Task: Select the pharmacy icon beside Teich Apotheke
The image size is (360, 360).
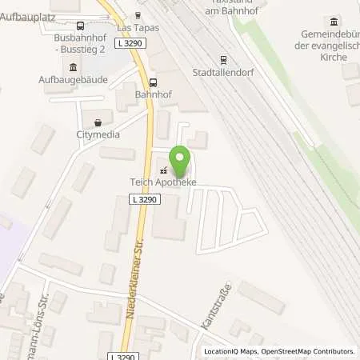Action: pos(165,170)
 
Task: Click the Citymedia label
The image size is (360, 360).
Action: pos(98,134)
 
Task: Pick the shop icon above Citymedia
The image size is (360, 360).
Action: pos(98,122)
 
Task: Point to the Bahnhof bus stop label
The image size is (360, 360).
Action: pos(153,94)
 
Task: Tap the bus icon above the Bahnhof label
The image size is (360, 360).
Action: pos(153,82)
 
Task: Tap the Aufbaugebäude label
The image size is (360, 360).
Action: pos(73,80)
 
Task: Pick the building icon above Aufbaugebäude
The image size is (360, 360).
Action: pos(74,67)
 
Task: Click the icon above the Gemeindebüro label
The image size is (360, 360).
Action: pos(333,20)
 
